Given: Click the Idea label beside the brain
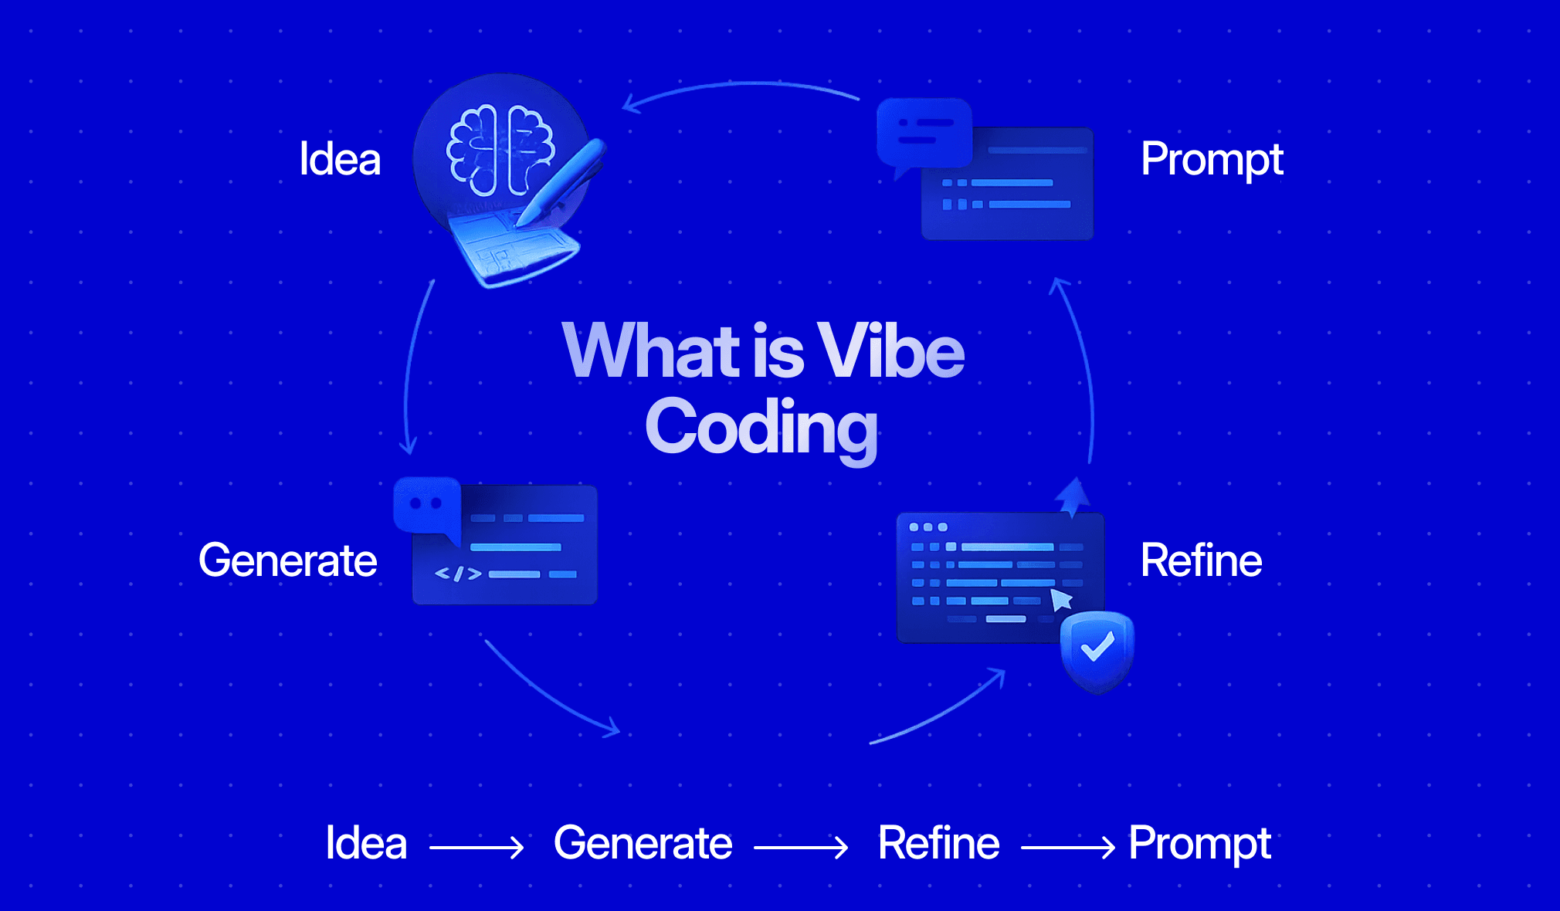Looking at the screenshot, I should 340,160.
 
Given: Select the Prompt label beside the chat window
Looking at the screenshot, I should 1211,160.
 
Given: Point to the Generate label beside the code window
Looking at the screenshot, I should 287,560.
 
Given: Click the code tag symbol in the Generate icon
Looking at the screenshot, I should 458,574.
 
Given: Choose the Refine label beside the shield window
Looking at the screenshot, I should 1201,560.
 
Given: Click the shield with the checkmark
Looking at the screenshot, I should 1097,649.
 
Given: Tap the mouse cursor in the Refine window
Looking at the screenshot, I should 1061,599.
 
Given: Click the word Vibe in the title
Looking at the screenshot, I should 890,352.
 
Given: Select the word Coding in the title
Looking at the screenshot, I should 761,429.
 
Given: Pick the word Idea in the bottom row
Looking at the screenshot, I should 366,843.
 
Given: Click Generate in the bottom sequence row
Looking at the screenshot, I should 643,843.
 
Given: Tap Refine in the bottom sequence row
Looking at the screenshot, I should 938,843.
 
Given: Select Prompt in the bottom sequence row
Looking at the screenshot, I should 1199,843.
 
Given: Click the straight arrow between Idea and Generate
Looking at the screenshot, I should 476,848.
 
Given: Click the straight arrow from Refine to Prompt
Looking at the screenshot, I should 1067,848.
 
